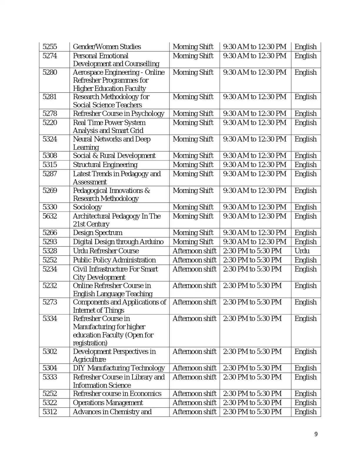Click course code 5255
pos(50,47)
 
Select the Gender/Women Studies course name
pos(107,47)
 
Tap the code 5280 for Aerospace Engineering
pos(50,72)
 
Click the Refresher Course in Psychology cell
pos(119,114)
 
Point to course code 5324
pos(50,139)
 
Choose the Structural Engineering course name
pos(105,165)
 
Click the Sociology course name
pos(87,207)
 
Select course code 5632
pos(50,216)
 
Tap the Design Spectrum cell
pos(98,233)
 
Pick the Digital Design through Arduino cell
pos(118,242)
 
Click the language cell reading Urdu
pos(302,251)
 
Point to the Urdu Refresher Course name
pos(106,251)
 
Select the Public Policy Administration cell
pos(114,260)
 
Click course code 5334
pos(50,319)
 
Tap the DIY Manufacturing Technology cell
pos(119,368)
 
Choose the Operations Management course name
pos(108,403)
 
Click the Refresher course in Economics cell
pos(117,394)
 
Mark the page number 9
pos(316,434)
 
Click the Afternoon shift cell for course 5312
pos(194,412)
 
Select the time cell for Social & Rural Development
pos(255,156)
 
